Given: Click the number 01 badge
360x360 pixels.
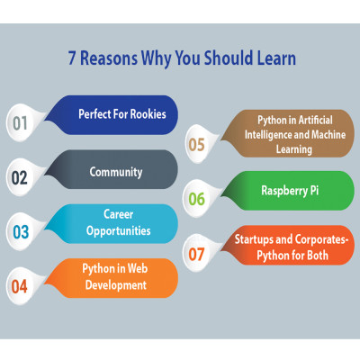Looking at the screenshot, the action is tap(20, 123).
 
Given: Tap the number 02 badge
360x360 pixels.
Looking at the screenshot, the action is tap(20, 177).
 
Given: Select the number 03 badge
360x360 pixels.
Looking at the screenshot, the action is tap(21, 232).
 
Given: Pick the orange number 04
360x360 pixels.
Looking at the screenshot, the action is tap(19, 286).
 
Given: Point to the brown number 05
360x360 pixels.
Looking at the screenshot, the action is tap(196, 144).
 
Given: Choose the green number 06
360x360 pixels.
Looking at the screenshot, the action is tap(196, 199).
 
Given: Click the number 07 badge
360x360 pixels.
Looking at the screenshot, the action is tap(196, 254).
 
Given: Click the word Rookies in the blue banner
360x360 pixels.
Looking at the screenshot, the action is tap(148, 114).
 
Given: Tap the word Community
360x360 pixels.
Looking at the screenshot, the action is tap(116, 172).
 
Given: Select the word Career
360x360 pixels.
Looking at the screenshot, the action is tap(119, 214).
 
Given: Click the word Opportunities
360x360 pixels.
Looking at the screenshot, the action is tap(119, 231).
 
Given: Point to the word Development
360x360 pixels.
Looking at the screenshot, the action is tap(116, 285).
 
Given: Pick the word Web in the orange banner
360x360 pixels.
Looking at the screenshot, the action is tap(138, 268).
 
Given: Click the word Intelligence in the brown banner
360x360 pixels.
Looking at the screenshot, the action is tap(268, 135).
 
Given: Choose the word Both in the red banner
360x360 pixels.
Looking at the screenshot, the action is tap(317, 256).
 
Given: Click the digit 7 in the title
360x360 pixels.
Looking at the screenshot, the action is tap(72, 58).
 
